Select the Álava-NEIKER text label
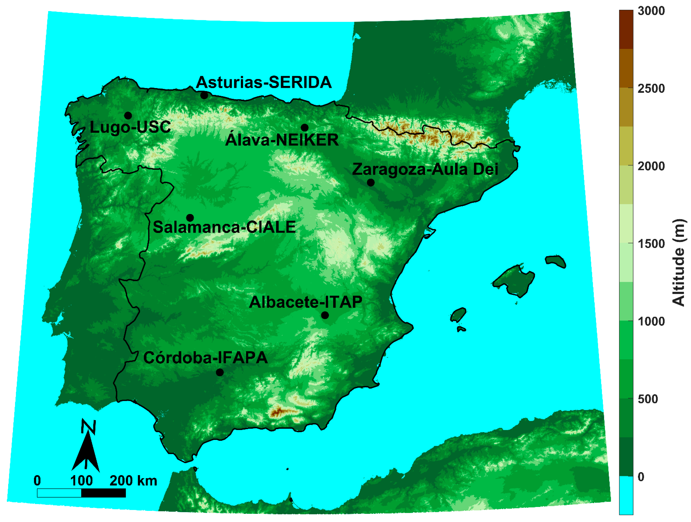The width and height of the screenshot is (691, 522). coord(282,140)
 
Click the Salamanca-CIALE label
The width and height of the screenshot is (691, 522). coord(224,227)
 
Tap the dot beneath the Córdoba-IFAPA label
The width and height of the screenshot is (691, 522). coord(220,372)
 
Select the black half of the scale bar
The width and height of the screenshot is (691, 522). coord(103,493)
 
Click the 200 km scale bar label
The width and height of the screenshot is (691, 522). coord(133,481)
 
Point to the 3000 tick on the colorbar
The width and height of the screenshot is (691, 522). coord(651,11)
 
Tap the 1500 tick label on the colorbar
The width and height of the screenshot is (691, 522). coord(651,244)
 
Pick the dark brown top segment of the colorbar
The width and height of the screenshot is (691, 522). coord(626,29)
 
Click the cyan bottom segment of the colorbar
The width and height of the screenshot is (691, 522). coord(626,496)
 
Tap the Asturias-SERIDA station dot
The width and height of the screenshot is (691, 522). coord(204,95)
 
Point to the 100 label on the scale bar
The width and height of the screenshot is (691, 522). coord(81,481)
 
